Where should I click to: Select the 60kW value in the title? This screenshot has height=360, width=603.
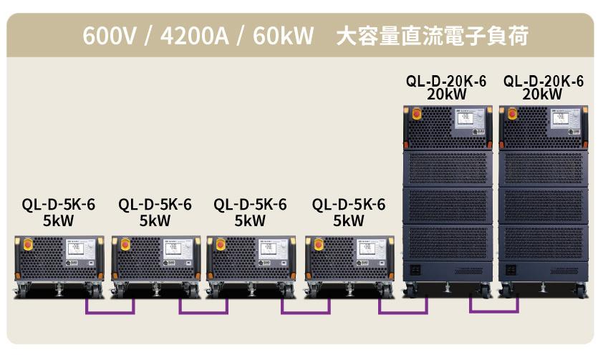click(x=284, y=36)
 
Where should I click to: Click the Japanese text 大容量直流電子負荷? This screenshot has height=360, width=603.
click(x=433, y=36)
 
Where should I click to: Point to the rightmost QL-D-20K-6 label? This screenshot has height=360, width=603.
click(x=544, y=81)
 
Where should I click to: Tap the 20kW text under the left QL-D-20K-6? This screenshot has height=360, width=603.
click(x=446, y=94)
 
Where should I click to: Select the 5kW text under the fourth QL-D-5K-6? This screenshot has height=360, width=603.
click(x=349, y=220)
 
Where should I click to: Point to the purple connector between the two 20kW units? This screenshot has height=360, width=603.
click(x=494, y=306)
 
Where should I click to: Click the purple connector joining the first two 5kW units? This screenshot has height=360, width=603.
click(x=110, y=308)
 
